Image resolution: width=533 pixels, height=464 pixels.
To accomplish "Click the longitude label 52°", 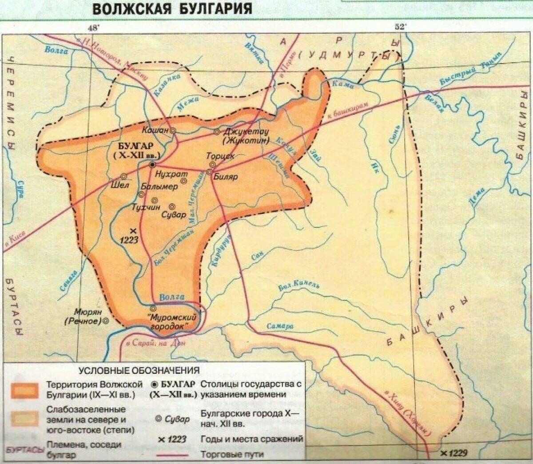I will pyautogui.click(x=400, y=27).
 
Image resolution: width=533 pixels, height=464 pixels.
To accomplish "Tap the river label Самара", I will pyautogui.click(x=280, y=326).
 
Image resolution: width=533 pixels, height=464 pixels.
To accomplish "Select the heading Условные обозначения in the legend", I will pyautogui.click(x=139, y=370).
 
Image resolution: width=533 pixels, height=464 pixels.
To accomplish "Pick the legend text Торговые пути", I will pyautogui.click(x=231, y=454).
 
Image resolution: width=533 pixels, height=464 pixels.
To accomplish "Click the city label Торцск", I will pyautogui.click(x=220, y=156).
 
